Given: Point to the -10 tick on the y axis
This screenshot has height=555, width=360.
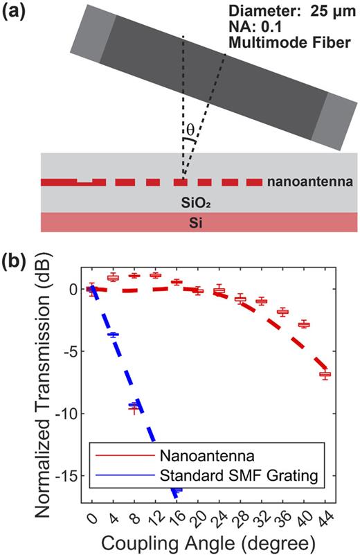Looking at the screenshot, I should [x=68, y=414].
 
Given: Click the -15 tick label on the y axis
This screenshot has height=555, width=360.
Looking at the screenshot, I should [x=68, y=476].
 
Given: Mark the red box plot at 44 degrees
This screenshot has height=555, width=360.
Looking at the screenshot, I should [x=325, y=374].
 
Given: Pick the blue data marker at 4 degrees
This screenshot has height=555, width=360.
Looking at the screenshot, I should [x=113, y=335].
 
